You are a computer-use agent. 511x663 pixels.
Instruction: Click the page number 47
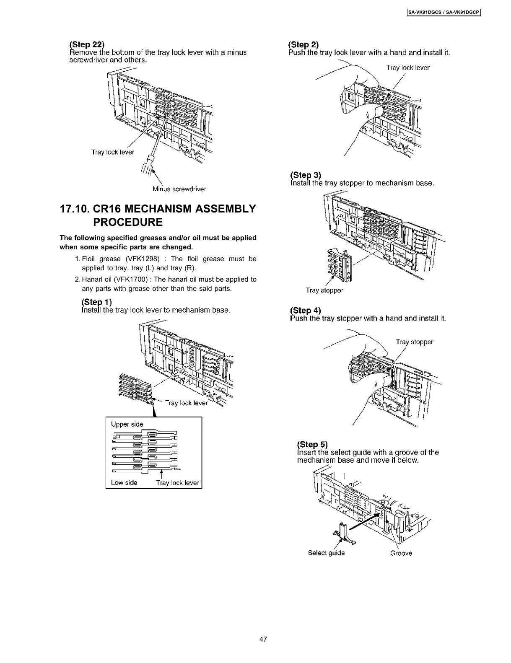(x=263, y=639)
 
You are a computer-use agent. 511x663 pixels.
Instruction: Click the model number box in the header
(x=444, y=13)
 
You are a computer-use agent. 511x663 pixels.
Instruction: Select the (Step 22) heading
(x=87, y=44)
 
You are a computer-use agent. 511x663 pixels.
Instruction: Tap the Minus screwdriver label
(x=179, y=189)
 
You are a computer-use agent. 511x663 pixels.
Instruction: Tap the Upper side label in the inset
(x=127, y=424)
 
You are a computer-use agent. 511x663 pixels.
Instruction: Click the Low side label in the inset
(x=124, y=482)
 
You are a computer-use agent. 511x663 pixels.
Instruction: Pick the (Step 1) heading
(x=96, y=302)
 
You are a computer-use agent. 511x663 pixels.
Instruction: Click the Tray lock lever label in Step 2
(x=407, y=67)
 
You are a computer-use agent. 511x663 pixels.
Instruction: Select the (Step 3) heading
(x=306, y=175)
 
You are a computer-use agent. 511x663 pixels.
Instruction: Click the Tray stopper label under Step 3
(x=324, y=290)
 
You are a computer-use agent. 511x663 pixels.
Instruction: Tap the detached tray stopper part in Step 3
(x=340, y=262)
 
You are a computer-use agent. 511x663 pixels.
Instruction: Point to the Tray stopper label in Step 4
(x=414, y=342)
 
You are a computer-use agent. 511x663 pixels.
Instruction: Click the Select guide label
(x=326, y=553)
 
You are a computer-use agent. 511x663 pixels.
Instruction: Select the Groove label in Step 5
(x=401, y=553)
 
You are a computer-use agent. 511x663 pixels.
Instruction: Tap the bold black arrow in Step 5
(x=363, y=519)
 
